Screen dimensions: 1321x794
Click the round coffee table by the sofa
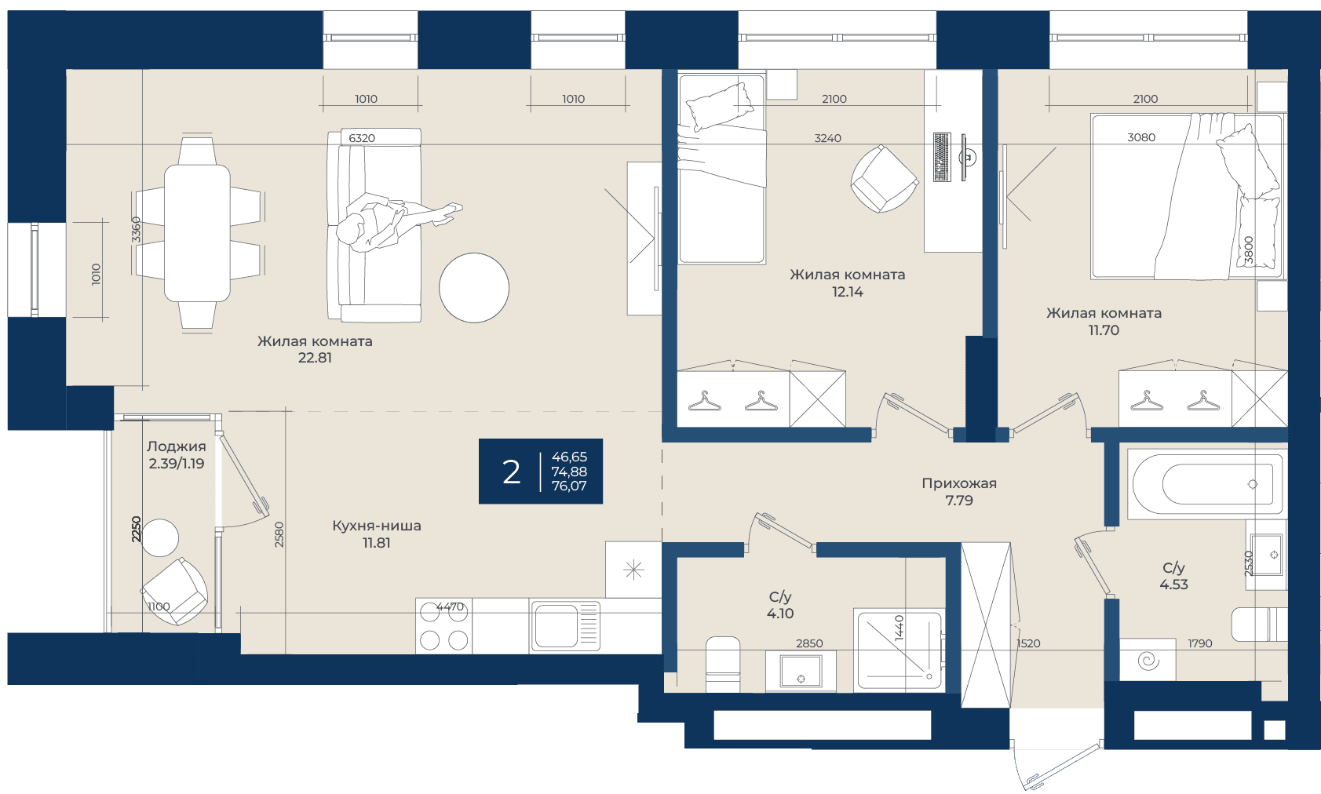click(x=473, y=288)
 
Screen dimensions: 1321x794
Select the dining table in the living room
click(x=197, y=233)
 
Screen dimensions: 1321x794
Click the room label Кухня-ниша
click(x=376, y=526)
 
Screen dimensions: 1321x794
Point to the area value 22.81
click(x=315, y=358)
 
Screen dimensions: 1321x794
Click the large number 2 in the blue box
click(x=511, y=472)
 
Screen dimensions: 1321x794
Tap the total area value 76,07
click(x=569, y=486)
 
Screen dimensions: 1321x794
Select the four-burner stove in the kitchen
click(x=443, y=626)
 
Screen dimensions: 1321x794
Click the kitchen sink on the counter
click(x=564, y=626)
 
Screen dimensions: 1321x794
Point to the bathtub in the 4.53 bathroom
click(x=1206, y=484)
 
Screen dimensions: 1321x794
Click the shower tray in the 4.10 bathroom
click(x=898, y=650)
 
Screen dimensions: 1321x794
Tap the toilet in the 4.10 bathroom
click(x=723, y=665)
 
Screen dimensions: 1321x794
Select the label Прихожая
click(x=959, y=483)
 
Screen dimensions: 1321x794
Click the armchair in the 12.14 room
click(x=884, y=179)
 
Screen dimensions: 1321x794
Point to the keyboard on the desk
click(x=942, y=157)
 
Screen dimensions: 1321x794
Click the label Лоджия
click(x=177, y=446)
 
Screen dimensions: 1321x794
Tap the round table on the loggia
click(x=159, y=537)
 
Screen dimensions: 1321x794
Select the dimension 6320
click(x=362, y=138)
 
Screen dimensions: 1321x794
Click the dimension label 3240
click(x=827, y=138)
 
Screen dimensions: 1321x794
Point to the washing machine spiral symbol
click(x=1148, y=661)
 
